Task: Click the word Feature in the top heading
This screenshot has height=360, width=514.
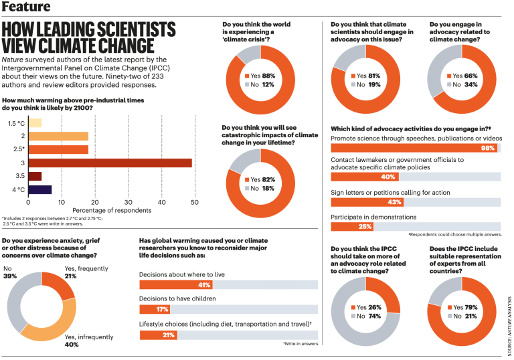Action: pyautogui.click(x=26, y=7)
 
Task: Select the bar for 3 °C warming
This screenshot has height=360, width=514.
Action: pyautogui.click(x=110, y=163)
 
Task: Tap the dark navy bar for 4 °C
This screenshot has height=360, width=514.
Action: pyautogui.click(x=39, y=189)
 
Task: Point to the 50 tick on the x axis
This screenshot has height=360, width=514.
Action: pyautogui.click(x=194, y=202)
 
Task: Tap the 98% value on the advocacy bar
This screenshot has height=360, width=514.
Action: pyautogui.click(x=489, y=148)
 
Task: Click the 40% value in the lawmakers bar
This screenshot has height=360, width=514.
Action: pyautogui.click(x=388, y=177)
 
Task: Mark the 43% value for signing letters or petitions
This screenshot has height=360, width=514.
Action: pyautogui.click(x=394, y=202)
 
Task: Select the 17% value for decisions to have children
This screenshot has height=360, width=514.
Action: pyautogui.click(x=162, y=309)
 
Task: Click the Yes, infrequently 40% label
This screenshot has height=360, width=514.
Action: pyautogui.click(x=86, y=341)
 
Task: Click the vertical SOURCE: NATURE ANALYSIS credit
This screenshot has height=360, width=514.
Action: pyautogui.click(x=509, y=317)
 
